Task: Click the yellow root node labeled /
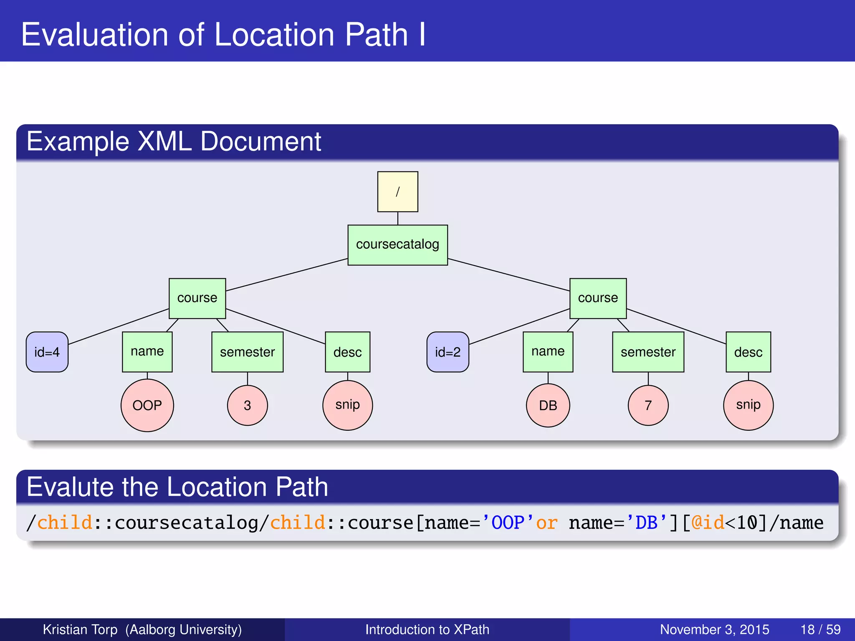click(x=397, y=192)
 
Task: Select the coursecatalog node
click(x=397, y=245)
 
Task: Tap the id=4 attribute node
click(x=47, y=352)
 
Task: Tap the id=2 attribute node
click(x=448, y=352)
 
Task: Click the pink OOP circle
click(x=147, y=405)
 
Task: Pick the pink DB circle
click(x=548, y=405)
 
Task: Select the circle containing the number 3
click(x=247, y=405)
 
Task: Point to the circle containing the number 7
click(x=648, y=405)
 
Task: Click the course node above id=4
click(x=197, y=298)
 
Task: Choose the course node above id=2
click(x=598, y=298)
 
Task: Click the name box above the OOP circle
click(x=147, y=352)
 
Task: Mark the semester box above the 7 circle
click(x=648, y=352)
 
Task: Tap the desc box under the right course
click(x=748, y=352)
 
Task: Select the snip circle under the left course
click(x=347, y=405)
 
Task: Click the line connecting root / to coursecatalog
click(x=397, y=218)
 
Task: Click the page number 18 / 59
click(x=820, y=629)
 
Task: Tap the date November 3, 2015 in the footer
click(x=714, y=629)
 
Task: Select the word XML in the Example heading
click(x=164, y=141)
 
